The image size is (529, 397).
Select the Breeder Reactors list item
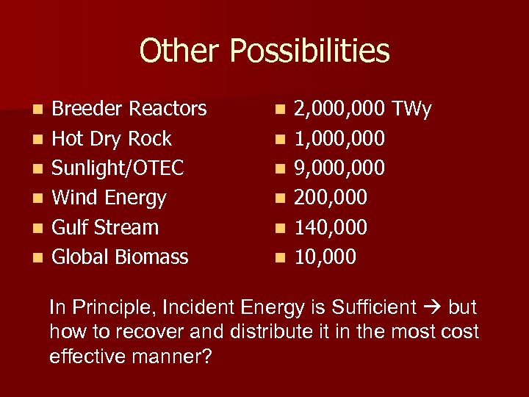point(129,110)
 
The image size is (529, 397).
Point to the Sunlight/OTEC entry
point(118,168)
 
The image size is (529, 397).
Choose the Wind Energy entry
point(109,198)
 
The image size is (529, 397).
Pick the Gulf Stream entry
point(105,227)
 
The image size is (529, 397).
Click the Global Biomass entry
point(120,257)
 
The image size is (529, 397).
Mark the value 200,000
point(331,198)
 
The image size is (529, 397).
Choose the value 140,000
point(331,227)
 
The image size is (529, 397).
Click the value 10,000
point(325,257)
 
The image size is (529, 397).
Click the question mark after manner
point(206,356)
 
